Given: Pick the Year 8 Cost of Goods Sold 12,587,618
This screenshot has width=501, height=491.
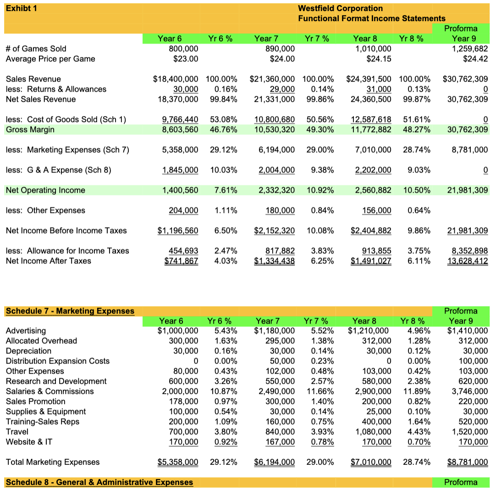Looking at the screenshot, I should [371, 119].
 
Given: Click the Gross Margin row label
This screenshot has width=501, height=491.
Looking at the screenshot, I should [30, 129].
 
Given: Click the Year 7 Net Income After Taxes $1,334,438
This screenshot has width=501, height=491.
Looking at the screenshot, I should [274, 261].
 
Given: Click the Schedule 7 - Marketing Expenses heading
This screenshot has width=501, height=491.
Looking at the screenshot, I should [70, 311].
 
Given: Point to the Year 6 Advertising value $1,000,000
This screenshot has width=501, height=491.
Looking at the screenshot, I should [178, 330].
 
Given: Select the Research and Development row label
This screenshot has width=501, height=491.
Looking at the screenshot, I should [56, 381].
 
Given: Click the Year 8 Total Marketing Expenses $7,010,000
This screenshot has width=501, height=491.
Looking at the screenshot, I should [371, 462].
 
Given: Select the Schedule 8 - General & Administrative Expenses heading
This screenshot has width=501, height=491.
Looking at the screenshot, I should [99, 482].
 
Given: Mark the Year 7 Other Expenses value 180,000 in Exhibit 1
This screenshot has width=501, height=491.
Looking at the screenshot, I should [281, 210].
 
